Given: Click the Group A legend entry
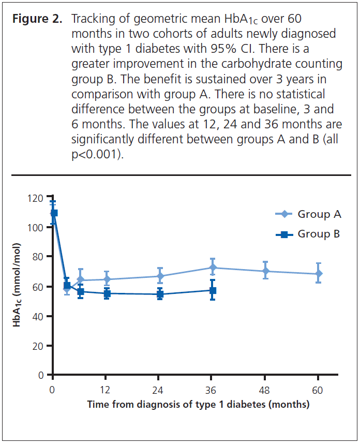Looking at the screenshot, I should pos(308,214).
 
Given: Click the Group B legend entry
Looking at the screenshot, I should pos(308,234).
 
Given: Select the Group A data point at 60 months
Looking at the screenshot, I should pos(319,274).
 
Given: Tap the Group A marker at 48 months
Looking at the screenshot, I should pos(265,271).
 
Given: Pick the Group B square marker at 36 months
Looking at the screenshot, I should pos(212,291).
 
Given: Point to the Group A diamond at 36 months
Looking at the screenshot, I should pos(212,268).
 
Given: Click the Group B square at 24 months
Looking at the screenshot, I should pos(159,294).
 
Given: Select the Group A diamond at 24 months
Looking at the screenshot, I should pos(159,276).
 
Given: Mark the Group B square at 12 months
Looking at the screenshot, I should pos(106,293).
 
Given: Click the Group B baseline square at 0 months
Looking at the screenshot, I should pos(54,213).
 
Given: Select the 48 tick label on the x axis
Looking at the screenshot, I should pos(265,389).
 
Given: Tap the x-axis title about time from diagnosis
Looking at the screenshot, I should pos(198,404).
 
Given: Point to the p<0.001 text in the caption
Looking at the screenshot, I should pos(97,155).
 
